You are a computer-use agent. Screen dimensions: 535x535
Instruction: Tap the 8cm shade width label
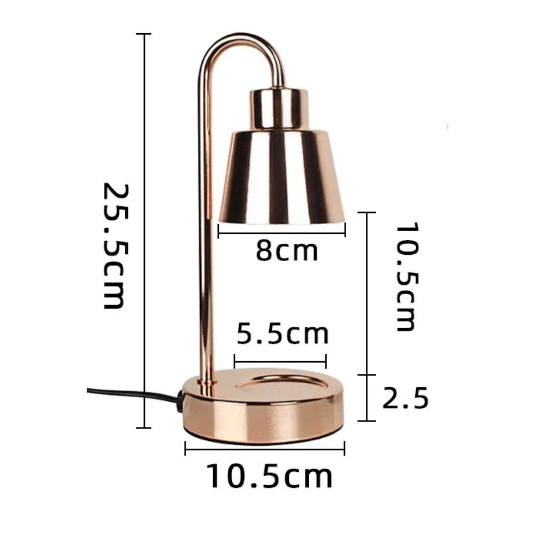coord(287,251)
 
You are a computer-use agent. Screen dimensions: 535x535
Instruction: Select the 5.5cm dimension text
coord(282,334)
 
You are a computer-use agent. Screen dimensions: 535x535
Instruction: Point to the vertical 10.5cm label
coord(407,277)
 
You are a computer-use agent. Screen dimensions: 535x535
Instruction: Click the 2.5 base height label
coord(405,398)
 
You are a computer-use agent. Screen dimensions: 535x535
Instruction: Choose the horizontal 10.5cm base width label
coord(269,476)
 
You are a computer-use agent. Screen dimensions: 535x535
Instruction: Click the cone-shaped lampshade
coord(281,178)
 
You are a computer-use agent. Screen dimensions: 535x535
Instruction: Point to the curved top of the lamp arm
coord(241,37)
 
